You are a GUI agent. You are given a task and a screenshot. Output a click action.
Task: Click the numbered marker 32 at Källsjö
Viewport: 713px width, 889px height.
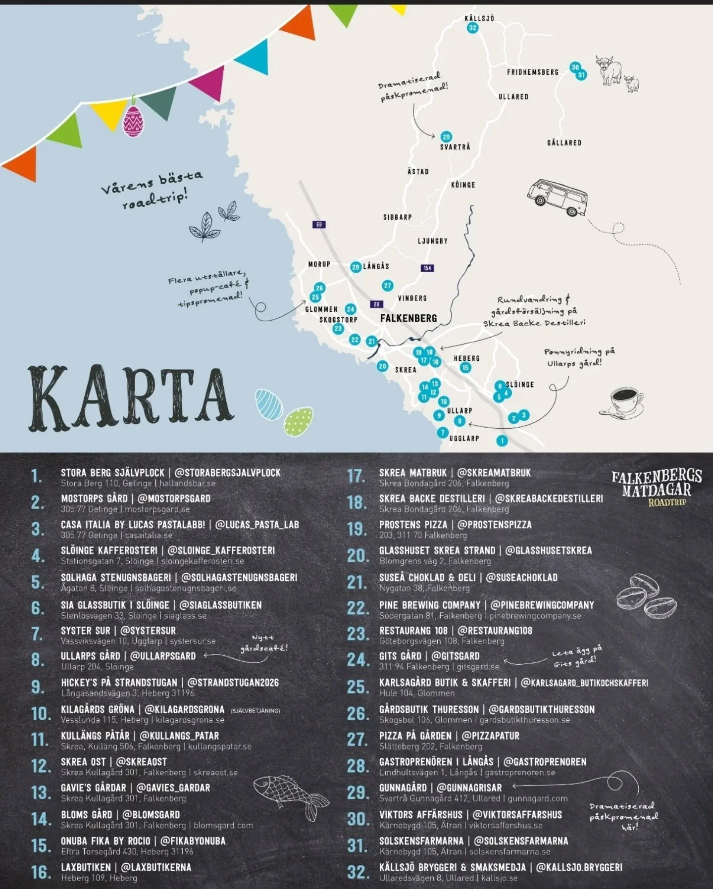472,28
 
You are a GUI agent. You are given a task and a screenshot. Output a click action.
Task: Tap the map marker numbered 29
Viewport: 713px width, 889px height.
446,137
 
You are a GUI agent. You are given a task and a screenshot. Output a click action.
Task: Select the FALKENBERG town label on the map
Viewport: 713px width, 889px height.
408,318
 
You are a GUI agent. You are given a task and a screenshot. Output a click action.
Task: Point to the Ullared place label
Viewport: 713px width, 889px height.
513,97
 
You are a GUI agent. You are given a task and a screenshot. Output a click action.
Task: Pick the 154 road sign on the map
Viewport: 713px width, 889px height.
427,268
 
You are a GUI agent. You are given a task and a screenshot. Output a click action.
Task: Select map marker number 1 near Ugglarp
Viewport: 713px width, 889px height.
502,441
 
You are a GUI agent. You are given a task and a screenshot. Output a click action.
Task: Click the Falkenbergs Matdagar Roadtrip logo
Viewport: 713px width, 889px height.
657,488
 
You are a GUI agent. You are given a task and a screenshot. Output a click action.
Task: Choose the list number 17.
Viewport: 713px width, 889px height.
356,476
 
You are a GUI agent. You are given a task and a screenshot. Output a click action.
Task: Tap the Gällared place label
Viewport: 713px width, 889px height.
564,143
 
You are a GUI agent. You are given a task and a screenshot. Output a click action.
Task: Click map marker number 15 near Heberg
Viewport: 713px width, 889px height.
465,368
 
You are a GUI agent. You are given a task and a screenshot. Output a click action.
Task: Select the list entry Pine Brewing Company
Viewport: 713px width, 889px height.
430,605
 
